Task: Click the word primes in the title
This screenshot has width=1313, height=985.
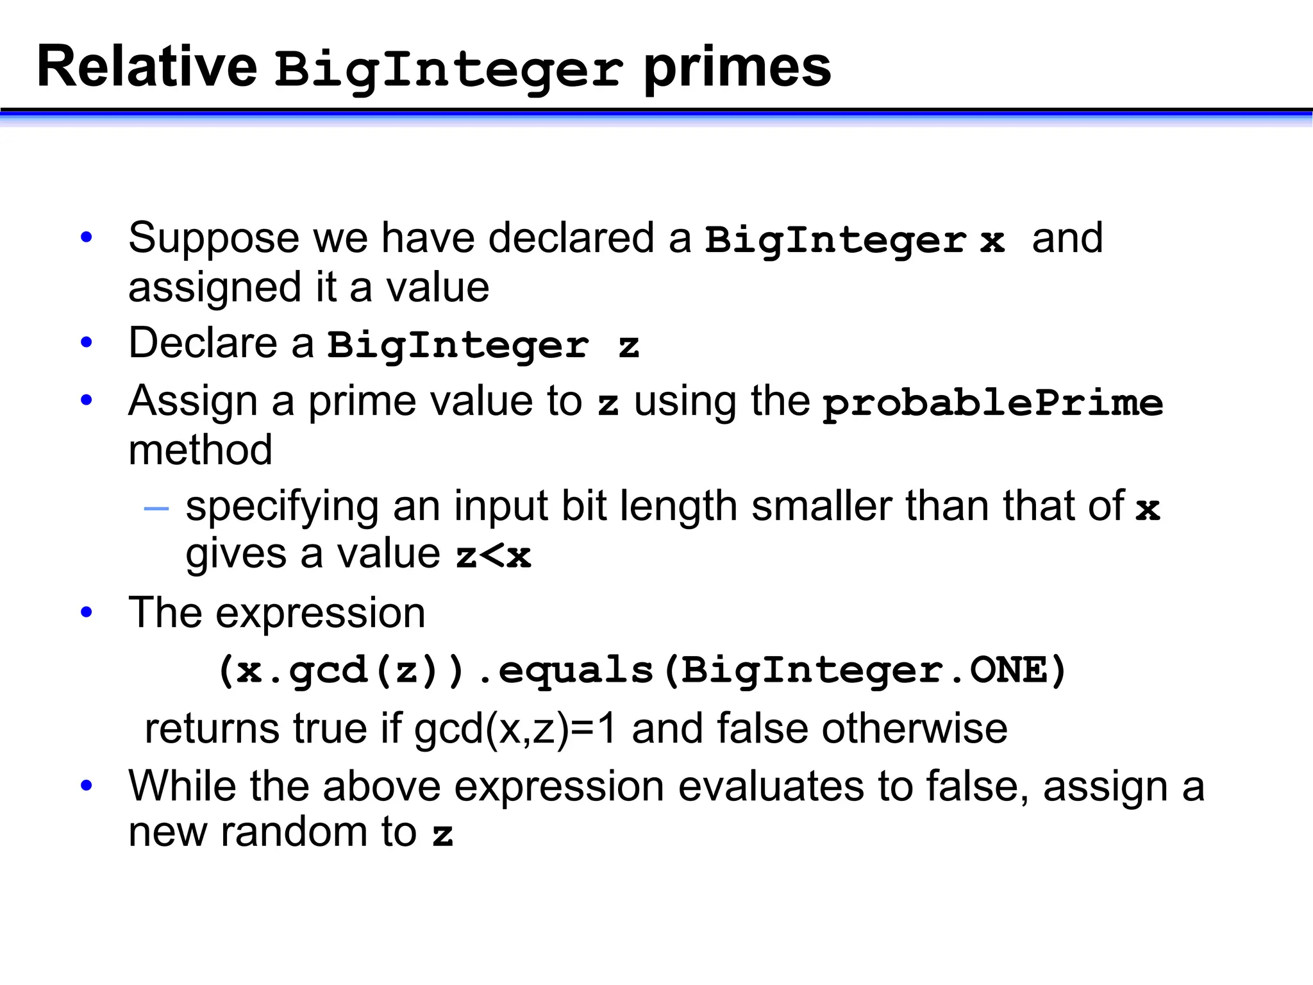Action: pos(737,67)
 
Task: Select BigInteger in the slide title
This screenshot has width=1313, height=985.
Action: pos(449,69)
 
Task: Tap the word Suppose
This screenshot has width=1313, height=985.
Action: pos(213,239)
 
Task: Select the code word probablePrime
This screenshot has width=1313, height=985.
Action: pos(992,403)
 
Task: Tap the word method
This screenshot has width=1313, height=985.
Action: pos(200,450)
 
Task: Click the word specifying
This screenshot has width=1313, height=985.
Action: pos(281,507)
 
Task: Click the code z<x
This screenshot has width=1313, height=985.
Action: pos(493,555)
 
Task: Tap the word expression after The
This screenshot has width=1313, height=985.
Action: pos(320,613)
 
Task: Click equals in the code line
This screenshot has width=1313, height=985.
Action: pos(576,671)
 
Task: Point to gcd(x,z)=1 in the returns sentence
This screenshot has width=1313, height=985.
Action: pos(515,729)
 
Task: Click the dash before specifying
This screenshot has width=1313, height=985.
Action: pos(156,509)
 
